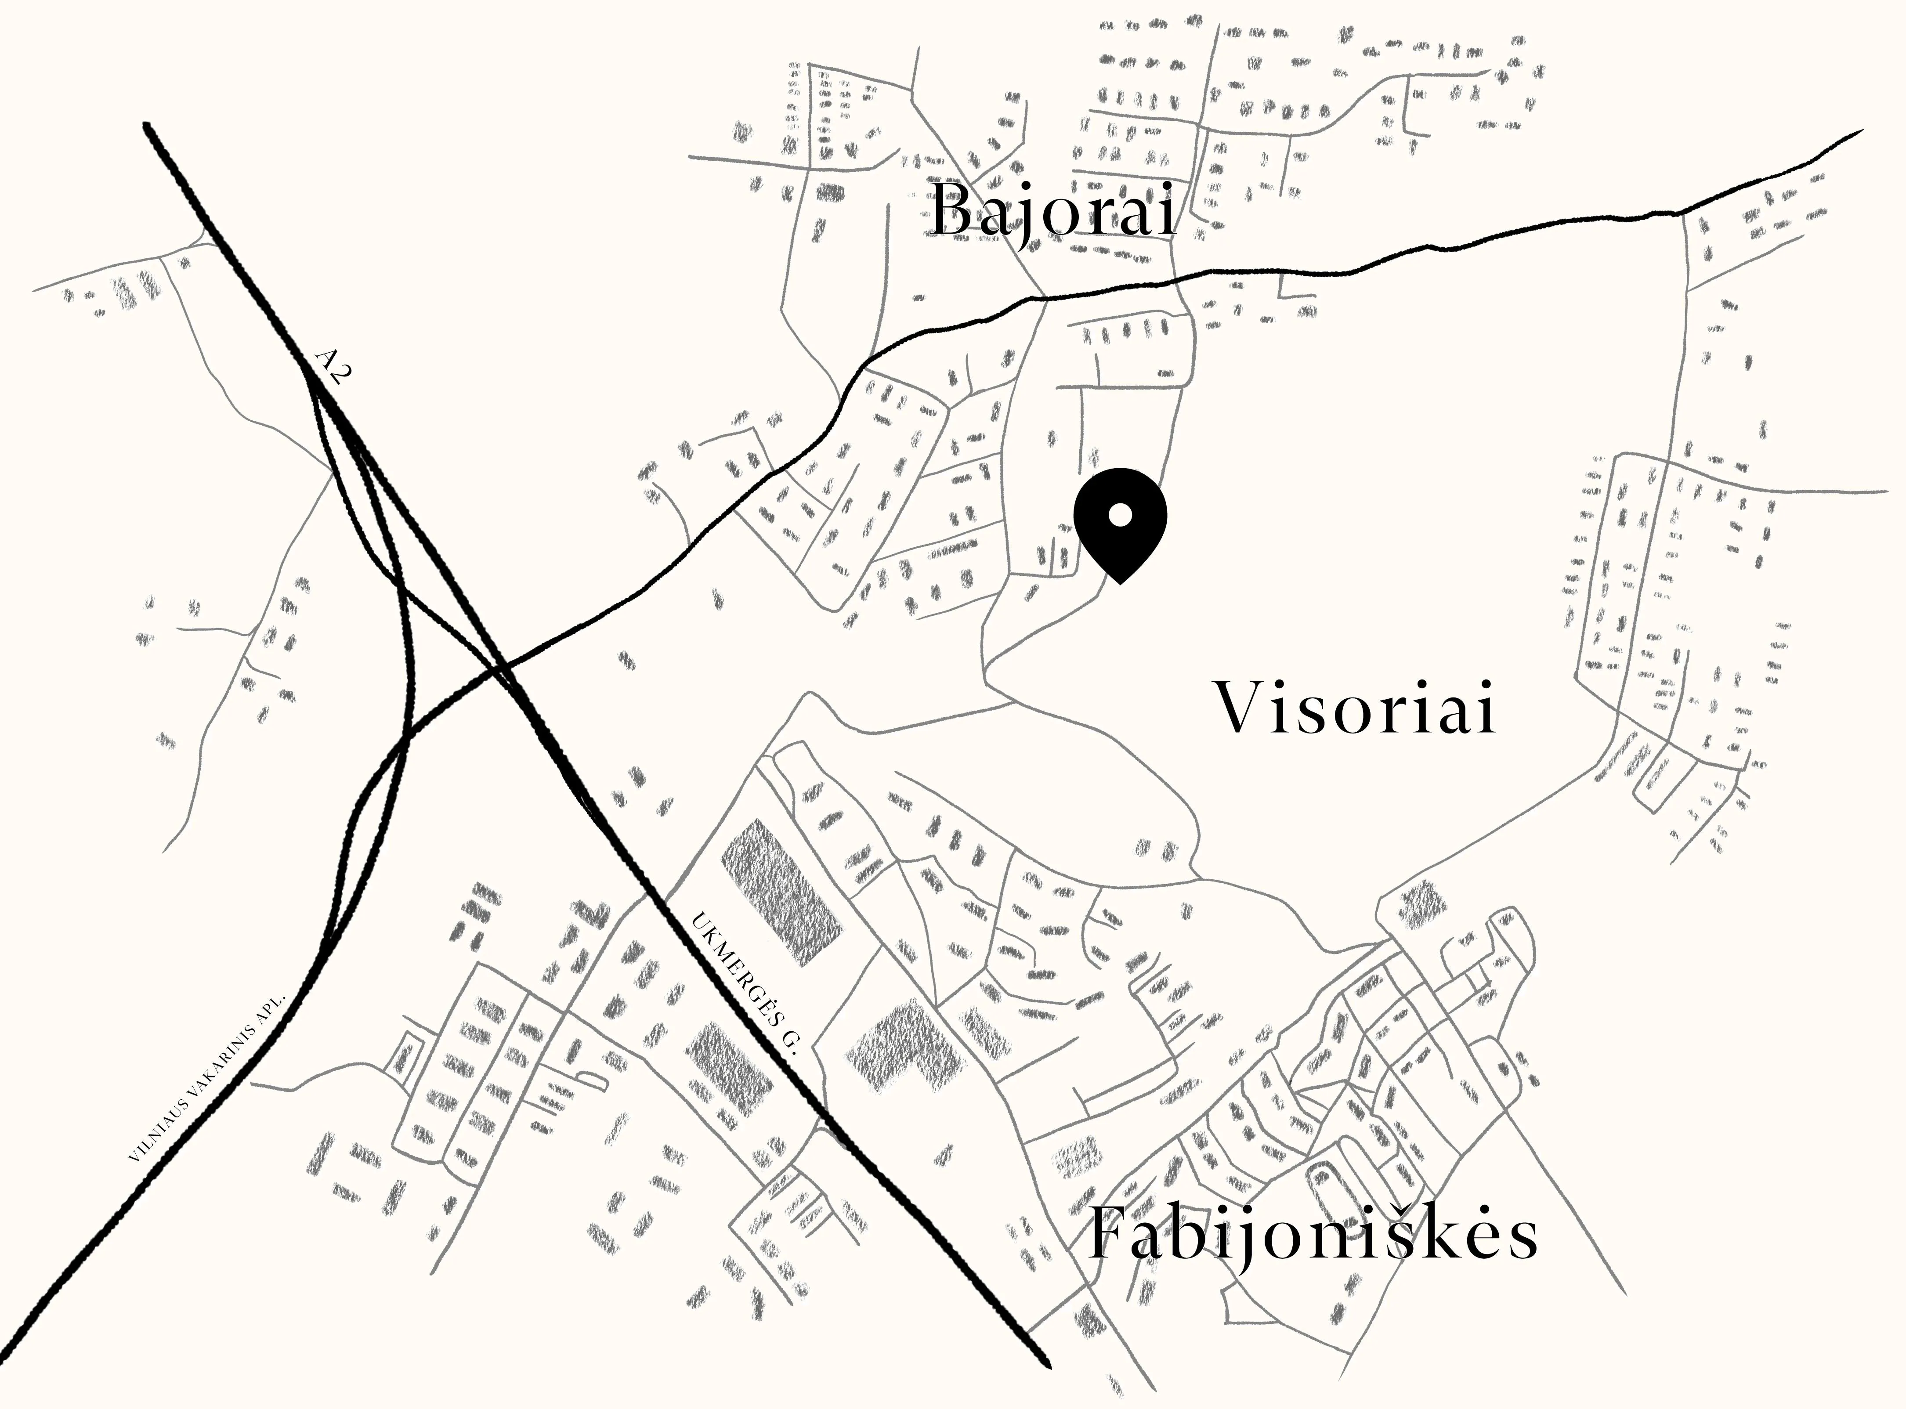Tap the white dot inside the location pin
[1120, 514]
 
